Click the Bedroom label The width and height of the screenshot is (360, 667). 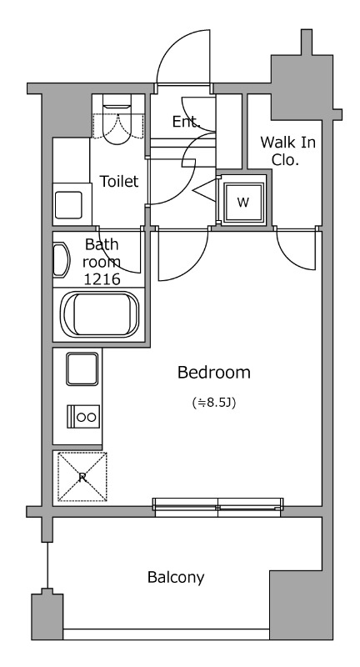214,373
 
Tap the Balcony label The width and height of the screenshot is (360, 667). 176,577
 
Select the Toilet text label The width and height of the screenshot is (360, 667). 119,181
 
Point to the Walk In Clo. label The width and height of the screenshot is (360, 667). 288,151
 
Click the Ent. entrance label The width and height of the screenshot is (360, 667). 186,122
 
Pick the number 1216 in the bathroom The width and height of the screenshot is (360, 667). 102,279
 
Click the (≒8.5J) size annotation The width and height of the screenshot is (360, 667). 214,403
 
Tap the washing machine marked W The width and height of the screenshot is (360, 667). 243,203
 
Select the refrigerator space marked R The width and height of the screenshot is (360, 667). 82,477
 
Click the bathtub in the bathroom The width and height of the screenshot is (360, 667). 99,314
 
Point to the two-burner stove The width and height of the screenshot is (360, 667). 83,416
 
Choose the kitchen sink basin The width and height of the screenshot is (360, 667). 82,369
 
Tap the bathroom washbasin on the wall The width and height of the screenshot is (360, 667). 61,259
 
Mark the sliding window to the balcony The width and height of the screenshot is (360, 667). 218,507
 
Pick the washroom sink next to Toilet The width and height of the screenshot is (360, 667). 68,205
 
